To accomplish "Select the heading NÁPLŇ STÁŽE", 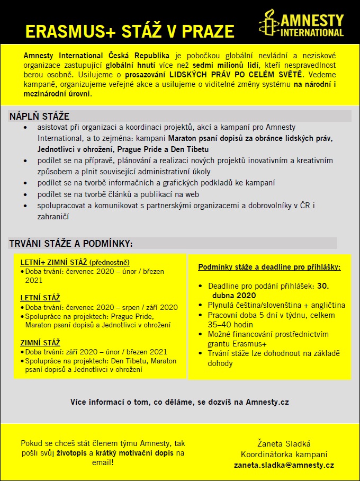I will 39,117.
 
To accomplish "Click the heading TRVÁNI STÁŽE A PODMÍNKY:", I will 70,244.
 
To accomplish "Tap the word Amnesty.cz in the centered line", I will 267,402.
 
